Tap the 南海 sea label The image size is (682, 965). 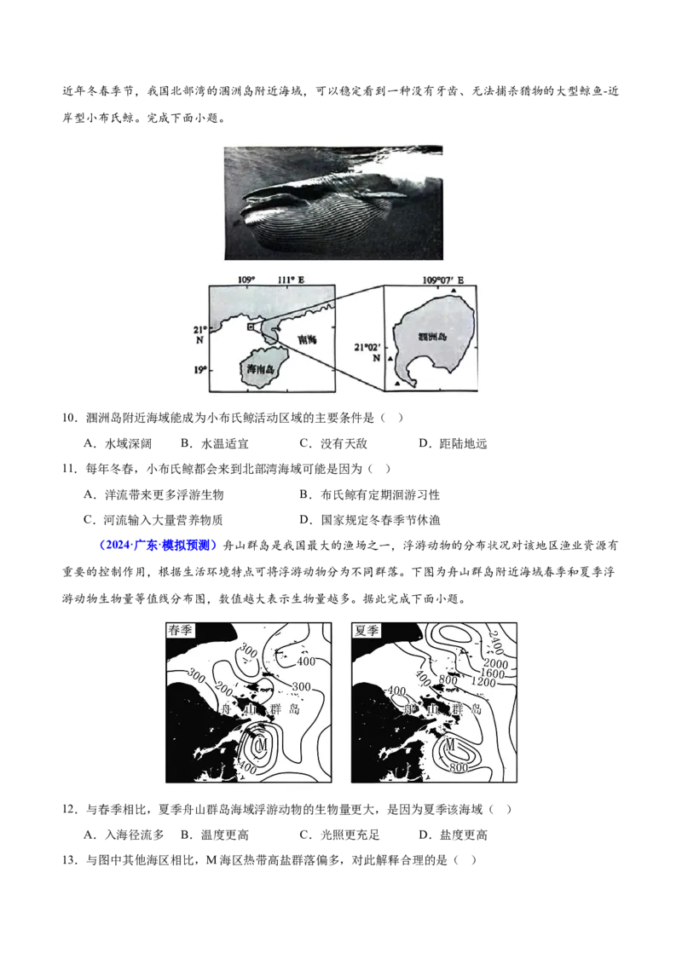click(x=307, y=339)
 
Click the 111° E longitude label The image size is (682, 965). click(x=292, y=280)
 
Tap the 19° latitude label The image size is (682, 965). click(x=199, y=369)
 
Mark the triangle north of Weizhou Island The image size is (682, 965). click(x=454, y=291)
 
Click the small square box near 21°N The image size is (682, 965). click(x=250, y=326)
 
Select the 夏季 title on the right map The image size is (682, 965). click(x=366, y=632)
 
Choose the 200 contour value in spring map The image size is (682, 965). click(x=224, y=686)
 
